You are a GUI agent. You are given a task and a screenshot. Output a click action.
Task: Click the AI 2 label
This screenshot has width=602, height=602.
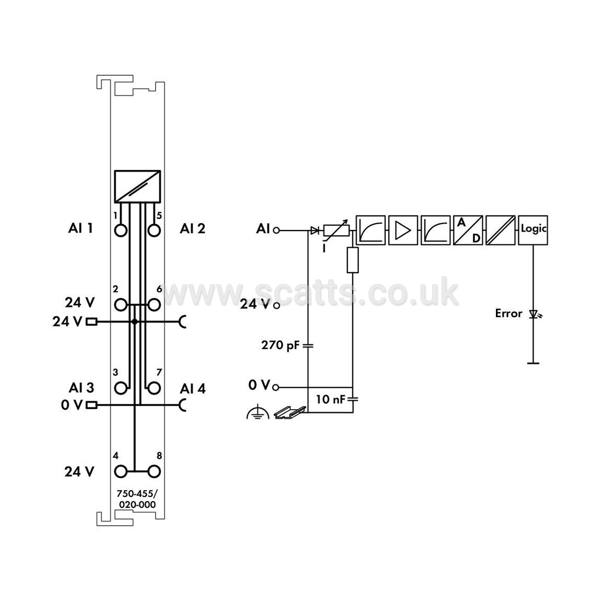(x=192, y=229)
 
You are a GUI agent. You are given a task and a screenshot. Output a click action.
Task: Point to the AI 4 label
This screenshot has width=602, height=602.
(x=192, y=389)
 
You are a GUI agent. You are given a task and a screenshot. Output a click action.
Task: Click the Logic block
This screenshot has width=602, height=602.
(x=533, y=230)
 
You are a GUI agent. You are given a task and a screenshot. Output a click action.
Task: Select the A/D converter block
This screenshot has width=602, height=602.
(x=468, y=230)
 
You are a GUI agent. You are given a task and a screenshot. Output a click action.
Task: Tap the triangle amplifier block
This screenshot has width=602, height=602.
(x=403, y=230)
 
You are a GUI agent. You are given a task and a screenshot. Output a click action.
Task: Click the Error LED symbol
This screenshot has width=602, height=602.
(x=534, y=315)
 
